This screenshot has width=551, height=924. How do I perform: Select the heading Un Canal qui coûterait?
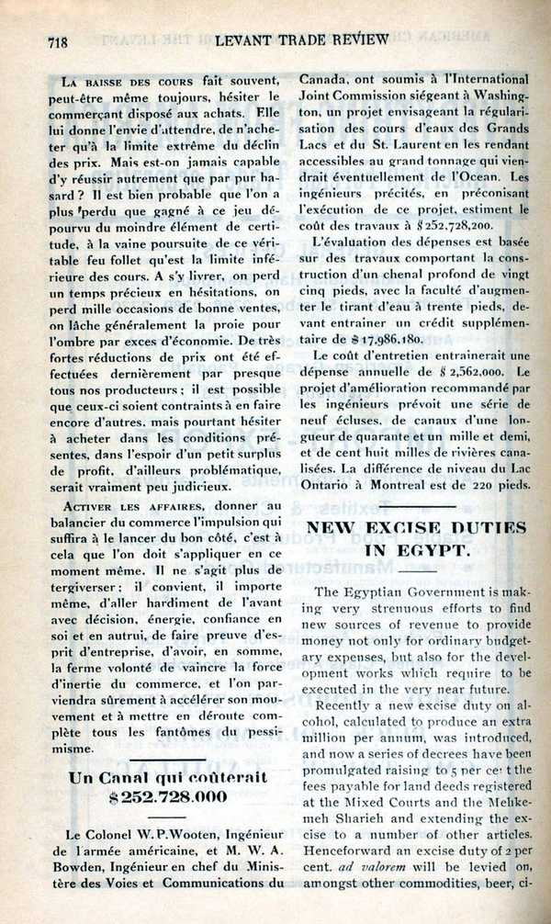pyautogui.click(x=168, y=776)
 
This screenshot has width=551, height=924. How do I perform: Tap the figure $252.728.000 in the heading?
pyautogui.click(x=167, y=796)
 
